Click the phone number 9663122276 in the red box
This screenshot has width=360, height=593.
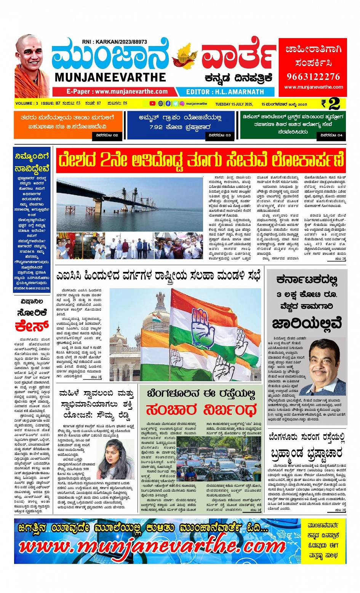pyautogui.click(x=313, y=77)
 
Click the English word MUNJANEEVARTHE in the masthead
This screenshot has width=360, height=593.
pyautogui.click(x=110, y=77)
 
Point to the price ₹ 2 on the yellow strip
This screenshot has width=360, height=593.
pyautogui.click(x=330, y=104)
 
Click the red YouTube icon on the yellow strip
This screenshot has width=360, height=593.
pyautogui.click(x=152, y=104)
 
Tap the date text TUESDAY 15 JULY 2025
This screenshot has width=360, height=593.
pyautogui.click(x=234, y=104)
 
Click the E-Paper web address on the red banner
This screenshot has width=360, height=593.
pyautogui.click(x=117, y=91)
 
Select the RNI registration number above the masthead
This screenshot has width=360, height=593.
pyautogui.click(x=114, y=42)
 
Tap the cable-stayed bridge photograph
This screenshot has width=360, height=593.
pyautogui.click(x=130, y=205)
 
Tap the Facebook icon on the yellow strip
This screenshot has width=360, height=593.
pyautogui.click(x=168, y=104)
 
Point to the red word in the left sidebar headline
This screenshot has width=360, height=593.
pyautogui.click(x=32, y=326)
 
